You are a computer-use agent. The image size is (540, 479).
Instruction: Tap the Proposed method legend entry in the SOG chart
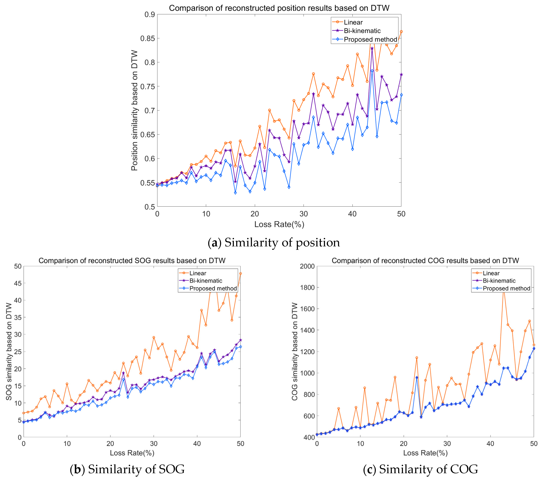(213, 288)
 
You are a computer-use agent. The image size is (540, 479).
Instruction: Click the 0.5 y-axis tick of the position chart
(150, 207)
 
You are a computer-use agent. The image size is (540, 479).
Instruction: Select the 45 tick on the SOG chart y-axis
(18, 283)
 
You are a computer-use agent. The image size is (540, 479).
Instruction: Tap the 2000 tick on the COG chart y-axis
(307, 266)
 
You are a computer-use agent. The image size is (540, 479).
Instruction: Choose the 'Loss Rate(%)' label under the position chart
(279, 224)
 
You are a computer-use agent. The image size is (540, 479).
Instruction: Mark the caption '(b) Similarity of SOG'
(127, 469)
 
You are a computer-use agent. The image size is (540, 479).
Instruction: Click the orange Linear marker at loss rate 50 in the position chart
(401, 32)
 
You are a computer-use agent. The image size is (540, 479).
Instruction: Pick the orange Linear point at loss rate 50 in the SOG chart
(240, 274)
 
